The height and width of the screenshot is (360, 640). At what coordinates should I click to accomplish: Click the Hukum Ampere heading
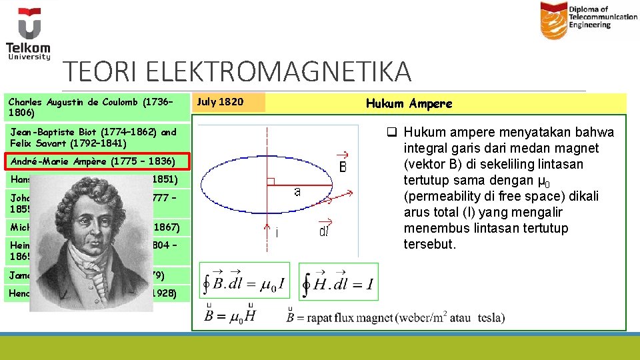coord(409,103)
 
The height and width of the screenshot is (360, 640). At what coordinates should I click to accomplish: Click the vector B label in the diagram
coord(342,163)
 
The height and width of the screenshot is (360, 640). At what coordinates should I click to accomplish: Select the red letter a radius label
coord(297,191)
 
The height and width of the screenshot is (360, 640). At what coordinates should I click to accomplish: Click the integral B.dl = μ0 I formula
coord(246,283)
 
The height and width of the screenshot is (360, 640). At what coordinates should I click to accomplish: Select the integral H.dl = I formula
coord(337,283)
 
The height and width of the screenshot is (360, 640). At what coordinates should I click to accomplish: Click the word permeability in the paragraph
coord(443,197)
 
